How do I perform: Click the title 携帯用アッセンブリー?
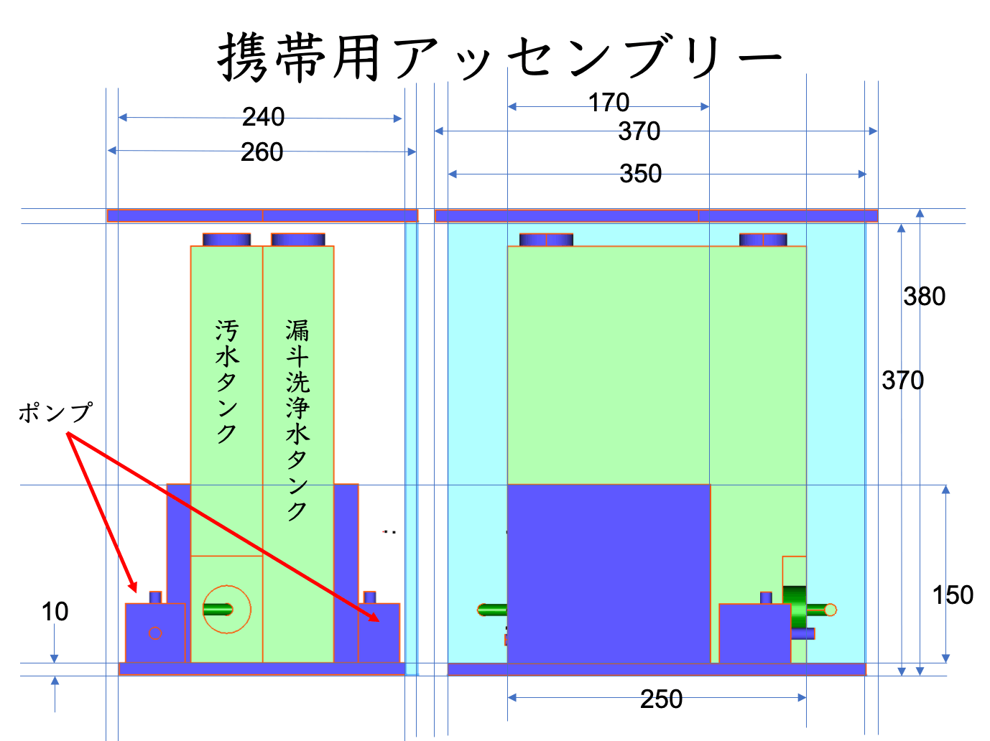pos(499,57)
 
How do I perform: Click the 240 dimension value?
pos(264,117)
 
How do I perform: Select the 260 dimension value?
pos(262,152)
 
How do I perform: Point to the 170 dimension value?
pos(609,102)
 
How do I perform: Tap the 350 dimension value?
pos(640,174)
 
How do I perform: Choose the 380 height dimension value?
pos(924,296)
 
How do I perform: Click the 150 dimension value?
pos(953,595)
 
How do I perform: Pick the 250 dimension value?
pos(661,699)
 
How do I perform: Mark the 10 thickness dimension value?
pos(55,612)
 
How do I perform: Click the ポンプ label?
pos(55,412)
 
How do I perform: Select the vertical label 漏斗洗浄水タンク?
pos(297,420)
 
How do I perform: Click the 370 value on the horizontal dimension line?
pos(639,131)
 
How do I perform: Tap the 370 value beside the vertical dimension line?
pos(902,380)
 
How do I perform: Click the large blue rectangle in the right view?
pos(609,573)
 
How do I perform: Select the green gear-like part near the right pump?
pos(795,607)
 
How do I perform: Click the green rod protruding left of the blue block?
pos(492,610)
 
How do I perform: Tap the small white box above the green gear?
pos(795,571)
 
